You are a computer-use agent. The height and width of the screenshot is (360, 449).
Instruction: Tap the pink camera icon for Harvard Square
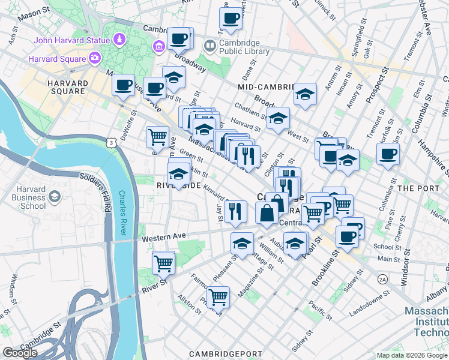pos(95,58)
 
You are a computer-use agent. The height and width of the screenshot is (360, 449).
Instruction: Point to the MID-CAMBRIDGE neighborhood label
pos(264,87)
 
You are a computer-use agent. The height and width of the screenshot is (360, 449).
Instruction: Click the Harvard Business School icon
pos(55,197)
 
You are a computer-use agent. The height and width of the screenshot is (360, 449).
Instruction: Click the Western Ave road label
pos(160,238)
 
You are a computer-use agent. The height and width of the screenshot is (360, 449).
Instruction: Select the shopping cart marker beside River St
pos(163,262)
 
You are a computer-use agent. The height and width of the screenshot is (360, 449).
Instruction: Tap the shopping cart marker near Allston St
pos(218,296)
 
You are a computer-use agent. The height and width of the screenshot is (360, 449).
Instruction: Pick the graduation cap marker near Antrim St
pos(305,94)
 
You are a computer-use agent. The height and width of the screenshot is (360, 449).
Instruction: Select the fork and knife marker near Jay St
pos(235,211)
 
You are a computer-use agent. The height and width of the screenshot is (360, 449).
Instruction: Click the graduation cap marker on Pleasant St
pos(241,244)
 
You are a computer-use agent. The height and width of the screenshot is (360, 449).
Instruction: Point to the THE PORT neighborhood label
pos(414,188)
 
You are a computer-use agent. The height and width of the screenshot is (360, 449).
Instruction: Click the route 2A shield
pos(382,280)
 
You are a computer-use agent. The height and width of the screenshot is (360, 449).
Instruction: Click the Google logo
pos(20,353)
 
